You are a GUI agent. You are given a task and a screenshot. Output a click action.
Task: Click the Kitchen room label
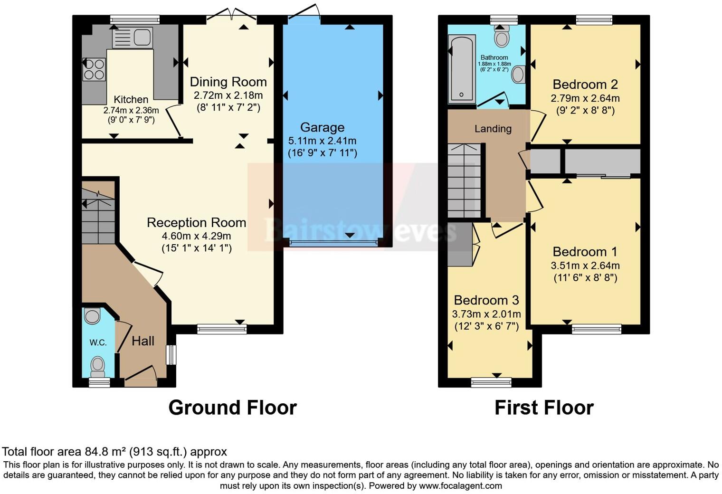pos(131,100)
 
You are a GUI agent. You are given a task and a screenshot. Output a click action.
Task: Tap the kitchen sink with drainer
pos(132,38)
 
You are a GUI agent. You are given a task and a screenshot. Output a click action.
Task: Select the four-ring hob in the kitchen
pos(94,69)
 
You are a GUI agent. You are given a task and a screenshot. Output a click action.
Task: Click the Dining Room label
pos(228,82)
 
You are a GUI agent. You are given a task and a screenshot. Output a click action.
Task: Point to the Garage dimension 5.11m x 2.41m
pos(322,141)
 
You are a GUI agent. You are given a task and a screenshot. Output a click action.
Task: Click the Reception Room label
pos(196,223)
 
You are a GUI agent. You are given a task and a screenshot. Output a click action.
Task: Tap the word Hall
pos(143,341)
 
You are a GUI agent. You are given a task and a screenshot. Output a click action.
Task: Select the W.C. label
pos(98,342)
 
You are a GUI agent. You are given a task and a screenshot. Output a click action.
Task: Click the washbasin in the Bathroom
pos(519,75)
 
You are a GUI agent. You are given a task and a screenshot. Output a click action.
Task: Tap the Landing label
pos(493,129)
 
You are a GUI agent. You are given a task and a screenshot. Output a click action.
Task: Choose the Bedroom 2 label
pos(585,85)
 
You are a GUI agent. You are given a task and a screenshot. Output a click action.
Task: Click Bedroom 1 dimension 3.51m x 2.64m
pos(585,266)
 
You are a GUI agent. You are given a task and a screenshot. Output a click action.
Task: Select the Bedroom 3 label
pos(486,300)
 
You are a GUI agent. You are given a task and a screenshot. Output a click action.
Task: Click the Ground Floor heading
pos(232,408)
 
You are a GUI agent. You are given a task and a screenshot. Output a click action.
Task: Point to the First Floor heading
pos(544,408)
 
